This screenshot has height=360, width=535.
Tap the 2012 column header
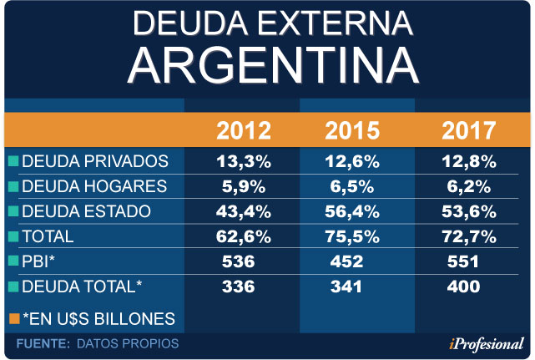point(244,131)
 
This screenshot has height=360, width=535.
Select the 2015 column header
point(351,131)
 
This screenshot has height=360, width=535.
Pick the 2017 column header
point(468,131)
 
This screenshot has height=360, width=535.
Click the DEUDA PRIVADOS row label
point(95,161)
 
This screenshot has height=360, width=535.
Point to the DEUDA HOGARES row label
point(94,185)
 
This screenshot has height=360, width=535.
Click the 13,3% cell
point(244,161)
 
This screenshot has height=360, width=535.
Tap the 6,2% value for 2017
point(468,185)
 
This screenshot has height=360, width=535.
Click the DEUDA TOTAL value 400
point(462,286)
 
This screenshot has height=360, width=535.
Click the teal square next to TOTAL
point(13,236)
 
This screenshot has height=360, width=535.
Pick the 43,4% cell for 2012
point(244,210)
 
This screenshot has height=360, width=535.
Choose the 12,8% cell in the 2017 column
point(468,161)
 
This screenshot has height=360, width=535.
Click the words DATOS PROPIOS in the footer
point(127,343)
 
